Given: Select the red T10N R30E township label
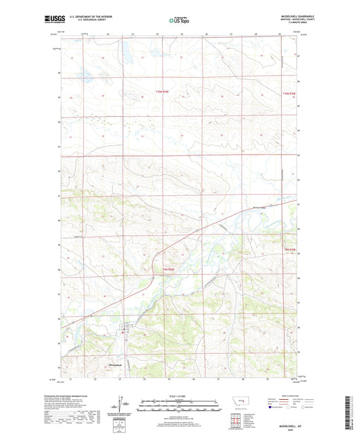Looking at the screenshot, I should [x=289, y=94].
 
